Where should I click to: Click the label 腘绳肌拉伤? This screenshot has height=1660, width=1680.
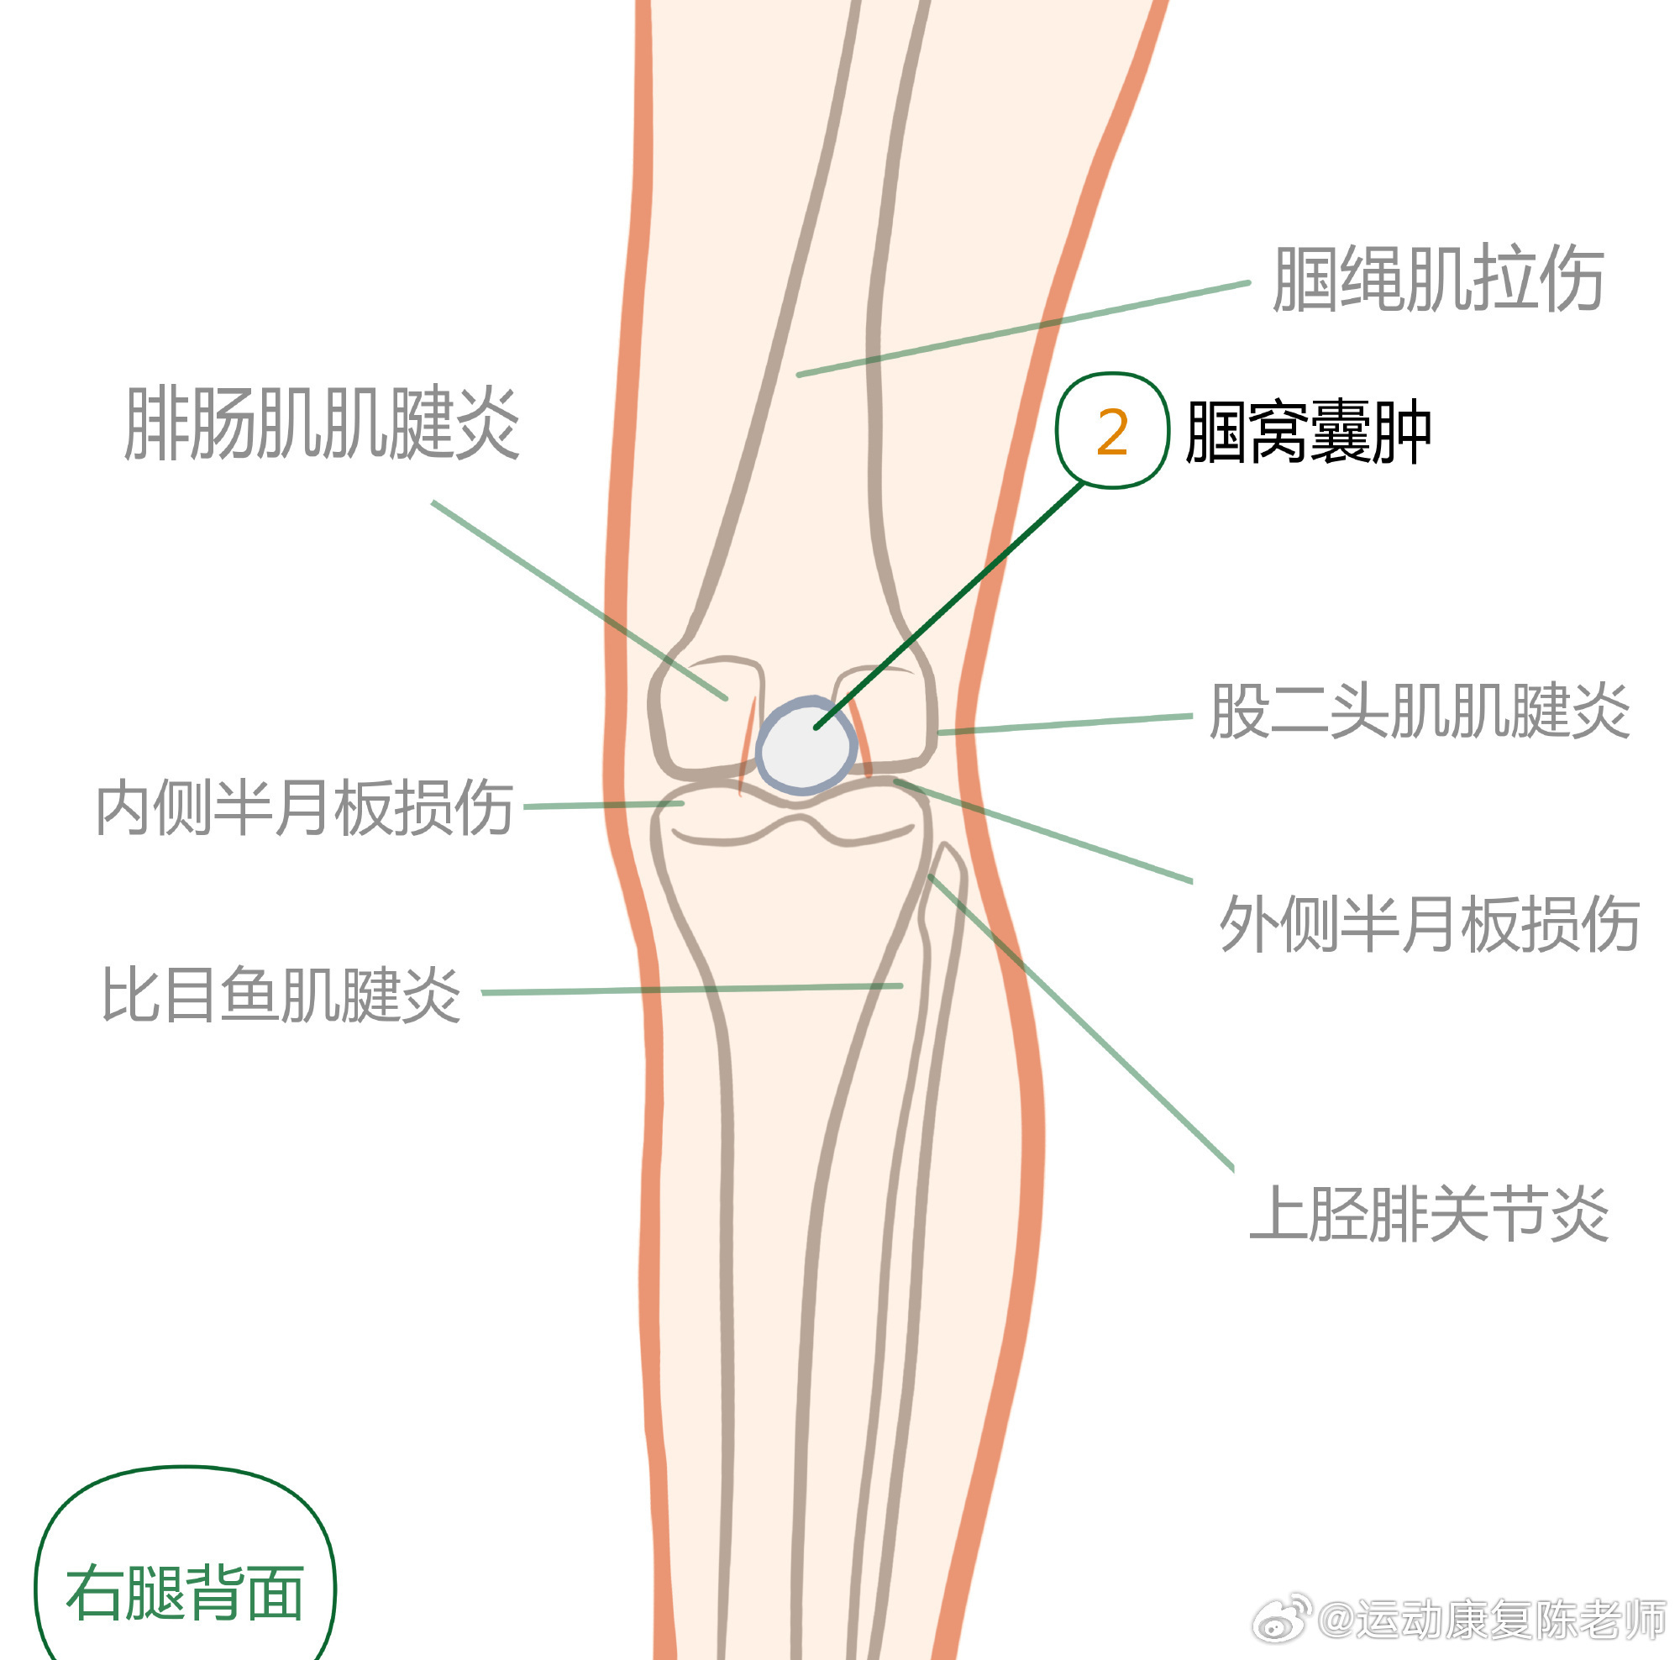1437,279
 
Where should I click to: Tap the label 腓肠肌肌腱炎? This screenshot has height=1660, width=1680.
323,423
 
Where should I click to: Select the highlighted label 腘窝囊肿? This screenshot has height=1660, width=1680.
1308,432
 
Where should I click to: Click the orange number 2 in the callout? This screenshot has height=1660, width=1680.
1112,432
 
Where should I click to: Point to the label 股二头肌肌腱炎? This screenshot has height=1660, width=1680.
1419,712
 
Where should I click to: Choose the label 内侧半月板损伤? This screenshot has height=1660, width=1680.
304,808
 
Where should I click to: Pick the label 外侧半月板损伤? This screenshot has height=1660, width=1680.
1430,923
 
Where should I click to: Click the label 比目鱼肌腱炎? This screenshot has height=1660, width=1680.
281,994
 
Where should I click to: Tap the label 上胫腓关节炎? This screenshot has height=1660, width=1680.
1430,1214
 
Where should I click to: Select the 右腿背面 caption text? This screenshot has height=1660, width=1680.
185,1593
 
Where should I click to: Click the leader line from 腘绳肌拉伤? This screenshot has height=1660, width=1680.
1026,328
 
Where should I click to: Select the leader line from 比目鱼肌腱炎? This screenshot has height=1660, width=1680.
696,989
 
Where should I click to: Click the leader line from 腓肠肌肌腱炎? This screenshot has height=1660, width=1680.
578,599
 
